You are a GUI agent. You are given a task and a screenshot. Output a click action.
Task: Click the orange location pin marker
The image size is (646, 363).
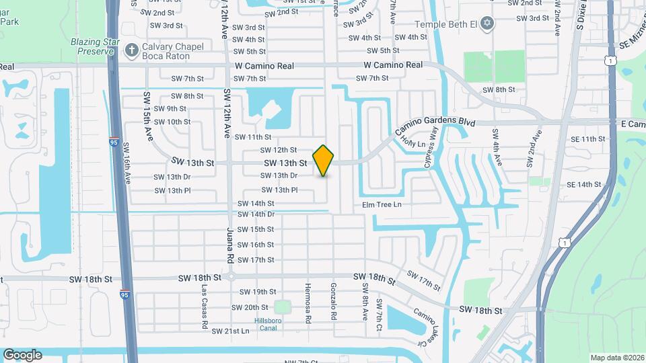pos(324,161)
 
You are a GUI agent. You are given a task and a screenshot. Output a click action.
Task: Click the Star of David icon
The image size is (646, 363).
pos(488,24)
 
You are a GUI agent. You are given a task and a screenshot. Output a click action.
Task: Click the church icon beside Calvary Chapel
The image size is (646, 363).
pos(132,48)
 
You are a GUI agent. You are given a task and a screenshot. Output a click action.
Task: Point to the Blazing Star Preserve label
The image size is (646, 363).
pos(95,46)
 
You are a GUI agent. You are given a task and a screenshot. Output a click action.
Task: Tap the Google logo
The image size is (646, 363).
pos(22,355)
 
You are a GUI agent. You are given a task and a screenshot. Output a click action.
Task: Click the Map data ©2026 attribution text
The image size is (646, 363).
pos(616,358)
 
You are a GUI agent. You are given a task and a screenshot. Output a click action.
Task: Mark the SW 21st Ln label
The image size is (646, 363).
pos(231,331)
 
